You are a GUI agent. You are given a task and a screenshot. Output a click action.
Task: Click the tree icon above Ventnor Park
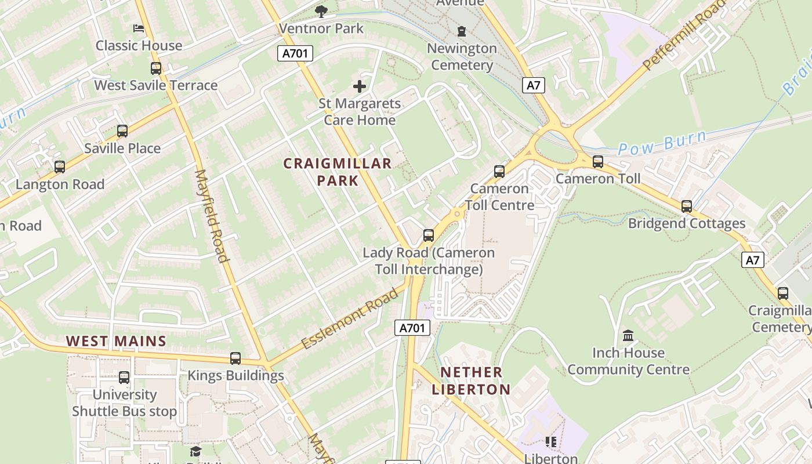pyautogui.click(x=321, y=11)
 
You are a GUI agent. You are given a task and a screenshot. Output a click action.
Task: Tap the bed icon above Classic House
pyautogui.click(x=139, y=28)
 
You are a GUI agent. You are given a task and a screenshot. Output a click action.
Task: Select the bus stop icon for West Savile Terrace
pyautogui.click(x=156, y=68)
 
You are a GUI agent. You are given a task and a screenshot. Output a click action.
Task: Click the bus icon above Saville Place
pyautogui.click(x=122, y=131)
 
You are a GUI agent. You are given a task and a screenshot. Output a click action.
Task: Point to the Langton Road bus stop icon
pyautogui.click(x=60, y=168)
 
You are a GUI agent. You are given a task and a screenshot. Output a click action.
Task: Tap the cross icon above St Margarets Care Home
pyautogui.click(x=360, y=86)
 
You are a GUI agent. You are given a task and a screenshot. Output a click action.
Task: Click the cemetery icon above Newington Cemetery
pyautogui.click(x=462, y=31)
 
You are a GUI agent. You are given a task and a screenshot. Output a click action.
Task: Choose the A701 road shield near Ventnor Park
pyautogui.click(x=295, y=54)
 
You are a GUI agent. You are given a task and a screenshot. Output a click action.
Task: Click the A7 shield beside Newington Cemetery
pyautogui.click(x=534, y=86)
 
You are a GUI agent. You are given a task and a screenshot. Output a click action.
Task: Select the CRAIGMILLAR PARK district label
pyautogui.click(x=338, y=172)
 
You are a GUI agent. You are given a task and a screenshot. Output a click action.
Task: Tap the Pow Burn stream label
pyautogui.click(x=662, y=143)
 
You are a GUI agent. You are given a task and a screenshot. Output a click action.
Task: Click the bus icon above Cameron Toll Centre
pyautogui.click(x=499, y=172)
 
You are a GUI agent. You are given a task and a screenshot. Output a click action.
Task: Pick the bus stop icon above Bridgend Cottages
pyautogui.click(x=687, y=206)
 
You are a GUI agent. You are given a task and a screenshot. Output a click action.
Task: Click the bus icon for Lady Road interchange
pyautogui.click(x=429, y=235)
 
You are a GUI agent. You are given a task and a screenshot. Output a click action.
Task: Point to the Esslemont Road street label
pyautogui.click(x=351, y=319)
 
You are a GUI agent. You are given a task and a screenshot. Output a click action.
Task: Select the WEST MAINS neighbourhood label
pyautogui.click(x=116, y=341)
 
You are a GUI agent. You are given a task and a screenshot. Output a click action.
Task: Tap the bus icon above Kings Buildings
pyautogui.click(x=235, y=358)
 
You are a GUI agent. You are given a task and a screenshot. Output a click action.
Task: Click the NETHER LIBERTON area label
pyautogui.click(x=471, y=380)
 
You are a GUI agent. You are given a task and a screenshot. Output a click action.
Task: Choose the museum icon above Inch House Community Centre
pyautogui.click(x=628, y=336)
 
